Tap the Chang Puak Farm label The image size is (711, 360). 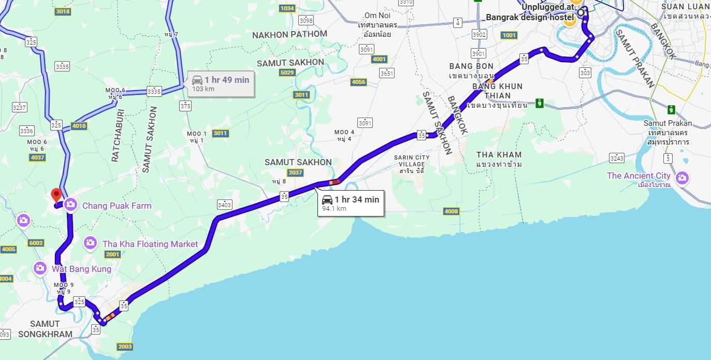tap(117, 206)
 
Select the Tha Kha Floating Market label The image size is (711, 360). tap(150, 244)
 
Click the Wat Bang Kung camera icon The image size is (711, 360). tap(40, 268)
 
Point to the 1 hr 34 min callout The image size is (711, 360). tap(351, 203)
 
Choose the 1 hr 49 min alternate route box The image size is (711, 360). tap(221, 83)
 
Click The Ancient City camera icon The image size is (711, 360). tap(682, 178)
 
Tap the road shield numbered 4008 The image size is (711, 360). tap(451, 211)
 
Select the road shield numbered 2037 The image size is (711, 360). tap(295, 172)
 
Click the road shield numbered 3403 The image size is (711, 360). tap(224, 204)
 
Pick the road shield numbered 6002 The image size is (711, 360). tap(36, 243)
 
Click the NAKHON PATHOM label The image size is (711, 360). tap(289, 34)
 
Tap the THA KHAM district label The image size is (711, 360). tap(499, 155)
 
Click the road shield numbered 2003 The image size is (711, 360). tap(125, 347)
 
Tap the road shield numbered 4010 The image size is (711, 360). tap(79, 125)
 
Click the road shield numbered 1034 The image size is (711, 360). tap(286, 8)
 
